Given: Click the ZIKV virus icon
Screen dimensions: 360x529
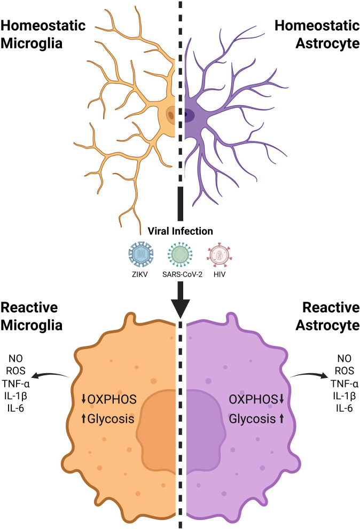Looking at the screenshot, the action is tap(141, 255).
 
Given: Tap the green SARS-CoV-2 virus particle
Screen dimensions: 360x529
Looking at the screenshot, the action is tap(180, 255).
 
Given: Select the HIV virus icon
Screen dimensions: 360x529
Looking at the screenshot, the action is tap(220, 255).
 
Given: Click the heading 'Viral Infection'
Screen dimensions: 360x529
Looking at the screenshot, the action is tap(181, 231).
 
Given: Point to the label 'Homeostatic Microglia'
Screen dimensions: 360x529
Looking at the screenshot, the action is tap(43, 34).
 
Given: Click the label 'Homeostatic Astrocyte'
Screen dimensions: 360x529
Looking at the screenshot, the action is tap(317, 34).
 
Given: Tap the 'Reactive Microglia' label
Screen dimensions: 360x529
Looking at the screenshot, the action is tap(32, 316).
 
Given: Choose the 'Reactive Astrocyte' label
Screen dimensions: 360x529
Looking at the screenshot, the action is tap(327, 316).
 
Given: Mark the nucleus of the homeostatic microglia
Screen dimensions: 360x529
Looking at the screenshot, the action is tap(171, 115).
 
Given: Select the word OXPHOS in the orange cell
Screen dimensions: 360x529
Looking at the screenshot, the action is tap(112, 399).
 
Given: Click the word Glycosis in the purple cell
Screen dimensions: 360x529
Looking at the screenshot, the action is tap(252, 419).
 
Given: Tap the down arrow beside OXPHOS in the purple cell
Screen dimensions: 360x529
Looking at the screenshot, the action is tap(281, 399).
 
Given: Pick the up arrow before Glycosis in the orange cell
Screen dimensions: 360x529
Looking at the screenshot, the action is tap(84, 419).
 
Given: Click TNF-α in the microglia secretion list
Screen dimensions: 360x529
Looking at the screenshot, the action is tap(16, 384).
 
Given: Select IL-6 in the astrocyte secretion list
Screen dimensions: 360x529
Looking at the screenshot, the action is tap(344, 408).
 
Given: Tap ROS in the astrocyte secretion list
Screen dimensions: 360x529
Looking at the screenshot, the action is tap(344, 371).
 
